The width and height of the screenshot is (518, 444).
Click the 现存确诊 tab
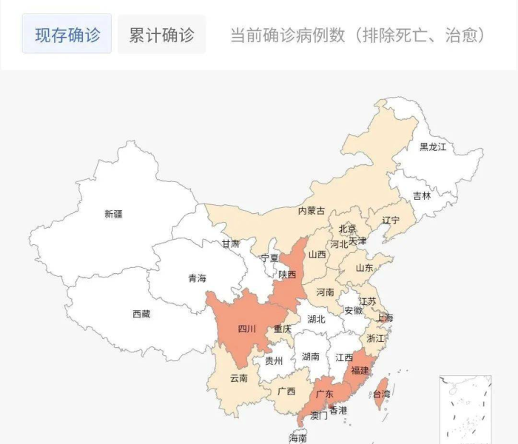pos(67,35)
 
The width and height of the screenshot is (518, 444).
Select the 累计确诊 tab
pos(161,35)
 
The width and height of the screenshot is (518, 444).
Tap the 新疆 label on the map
pos(113,214)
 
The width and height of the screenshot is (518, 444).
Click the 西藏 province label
pos(141,314)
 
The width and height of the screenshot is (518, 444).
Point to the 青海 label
pos(197,278)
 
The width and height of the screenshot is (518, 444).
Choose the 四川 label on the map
pos(246,329)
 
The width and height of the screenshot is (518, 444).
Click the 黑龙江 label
pos(433,147)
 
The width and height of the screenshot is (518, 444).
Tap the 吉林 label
pos(421,196)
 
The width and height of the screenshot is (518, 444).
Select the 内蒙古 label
pos(311,211)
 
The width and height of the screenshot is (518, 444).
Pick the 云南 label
pos(238,378)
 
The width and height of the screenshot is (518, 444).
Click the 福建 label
pos(360,369)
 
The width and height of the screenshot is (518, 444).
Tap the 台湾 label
pos(380,394)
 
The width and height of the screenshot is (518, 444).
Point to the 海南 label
pos(297,438)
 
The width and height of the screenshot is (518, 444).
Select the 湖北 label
pos(316,320)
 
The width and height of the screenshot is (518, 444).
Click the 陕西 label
pos(287,274)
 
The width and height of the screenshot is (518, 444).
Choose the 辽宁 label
pos(391,221)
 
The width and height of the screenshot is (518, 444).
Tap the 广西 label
pos(286,391)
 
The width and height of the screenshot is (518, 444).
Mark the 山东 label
pos(365,268)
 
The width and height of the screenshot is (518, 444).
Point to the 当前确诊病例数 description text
pos(357,35)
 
